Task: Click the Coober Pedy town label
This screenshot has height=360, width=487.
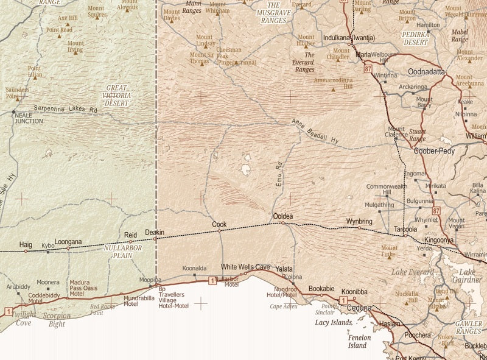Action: pyautogui.click(x=434, y=151)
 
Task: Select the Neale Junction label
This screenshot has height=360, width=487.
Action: pyautogui.click(x=29, y=118)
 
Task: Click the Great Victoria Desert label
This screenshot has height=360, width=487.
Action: pyautogui.click(x=116, y=96)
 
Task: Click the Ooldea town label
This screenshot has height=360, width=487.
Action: pyautogui.click(x=282, y=216)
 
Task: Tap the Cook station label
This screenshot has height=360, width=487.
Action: pyautogui.click(x=219, y=224)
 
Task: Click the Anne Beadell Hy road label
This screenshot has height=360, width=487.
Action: pyautogui.click(x=315, y=132)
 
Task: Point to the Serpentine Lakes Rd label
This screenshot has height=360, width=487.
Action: pyautogui.click(x=65, y=109)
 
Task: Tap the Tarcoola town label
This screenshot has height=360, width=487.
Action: pyautogui.click(x=405, y=230)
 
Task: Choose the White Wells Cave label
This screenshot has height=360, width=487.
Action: pyautogui.click(x=245, y=267)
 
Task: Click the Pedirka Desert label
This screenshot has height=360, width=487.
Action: pyautogui.click(x=416, y=40)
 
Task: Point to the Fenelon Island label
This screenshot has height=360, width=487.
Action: pyautogui.click(x=357, y=341)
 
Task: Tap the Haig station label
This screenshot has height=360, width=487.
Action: pyautogui.click(x=26, y=244)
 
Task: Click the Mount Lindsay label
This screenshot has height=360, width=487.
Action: pyautogui.click(x=205, y=41)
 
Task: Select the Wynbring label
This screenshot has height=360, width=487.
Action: pyautogui.click(x=359, y=221)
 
